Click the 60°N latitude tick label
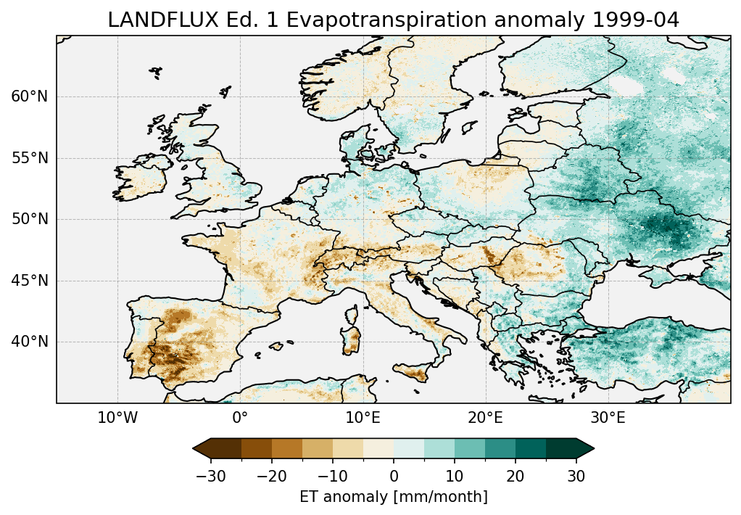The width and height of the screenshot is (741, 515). pos(30,96)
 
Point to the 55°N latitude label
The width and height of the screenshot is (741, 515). pos(30,158)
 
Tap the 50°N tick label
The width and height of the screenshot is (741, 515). pos(30,219)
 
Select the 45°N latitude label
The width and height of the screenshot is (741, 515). pos(30,281)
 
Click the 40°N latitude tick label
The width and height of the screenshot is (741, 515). pos(30,342)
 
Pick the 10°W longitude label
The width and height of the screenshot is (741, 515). pos(117,418)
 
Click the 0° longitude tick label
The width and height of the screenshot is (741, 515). pos(240,418)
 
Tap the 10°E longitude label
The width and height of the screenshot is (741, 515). pos(363,418)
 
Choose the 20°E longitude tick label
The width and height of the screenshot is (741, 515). pos(485,418)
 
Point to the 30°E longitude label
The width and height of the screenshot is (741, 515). pos(608,418)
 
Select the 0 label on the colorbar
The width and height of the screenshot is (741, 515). pos(394,476)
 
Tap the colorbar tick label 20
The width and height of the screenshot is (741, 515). pos(516,476)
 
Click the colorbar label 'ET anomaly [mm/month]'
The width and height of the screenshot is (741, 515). pos(394,497)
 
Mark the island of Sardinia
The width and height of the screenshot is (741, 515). pos(352,337)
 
